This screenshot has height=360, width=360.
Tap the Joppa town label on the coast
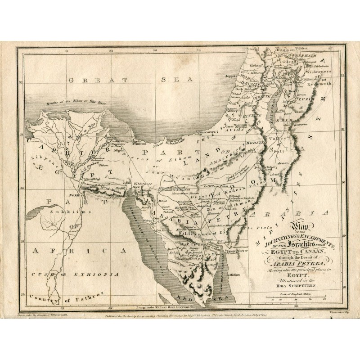[230, 77]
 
